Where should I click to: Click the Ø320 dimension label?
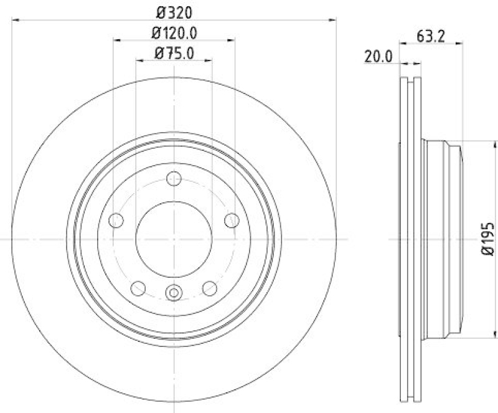[174, 11]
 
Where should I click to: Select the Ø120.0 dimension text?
[174, 32]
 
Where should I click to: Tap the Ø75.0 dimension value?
[174, 54]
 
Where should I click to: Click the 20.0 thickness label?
[378, 57]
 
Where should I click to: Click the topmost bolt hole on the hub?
[174, 179]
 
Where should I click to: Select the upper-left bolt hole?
[116, 220]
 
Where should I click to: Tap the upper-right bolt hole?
[232, 220]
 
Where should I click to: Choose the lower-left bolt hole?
[138, 288]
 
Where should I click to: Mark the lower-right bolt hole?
[210, 288]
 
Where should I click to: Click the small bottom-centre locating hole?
[174, 291]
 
